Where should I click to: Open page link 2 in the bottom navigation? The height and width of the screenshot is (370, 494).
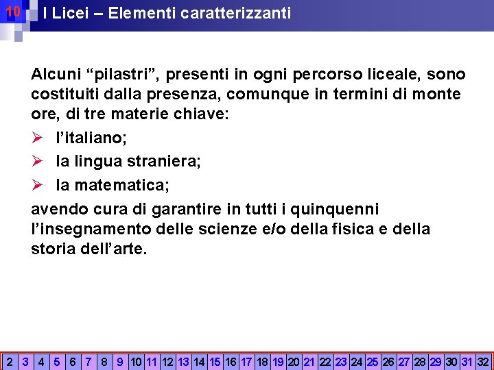pyautogui.click(x=10, y=361)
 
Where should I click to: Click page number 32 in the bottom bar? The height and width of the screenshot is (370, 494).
pyautogui.click(x=483, y=361)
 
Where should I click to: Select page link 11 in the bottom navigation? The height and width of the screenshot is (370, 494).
pyautogui.click(x=152, y=361)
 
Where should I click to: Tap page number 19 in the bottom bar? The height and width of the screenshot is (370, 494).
pyautogui.click(x=279, y=361)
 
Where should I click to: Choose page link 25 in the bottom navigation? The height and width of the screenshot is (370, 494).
pyautogui.click(x=373, y=361)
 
